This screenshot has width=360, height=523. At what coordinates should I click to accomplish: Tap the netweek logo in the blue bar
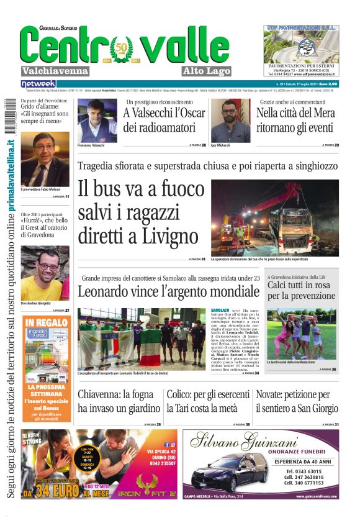(x=38, y=83)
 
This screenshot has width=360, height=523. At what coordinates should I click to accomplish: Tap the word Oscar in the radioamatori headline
(x=189, y=113)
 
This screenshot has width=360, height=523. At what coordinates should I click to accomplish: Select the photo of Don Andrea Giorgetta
(x=45, y=273)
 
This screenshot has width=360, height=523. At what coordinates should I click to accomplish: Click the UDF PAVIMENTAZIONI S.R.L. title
(x=301, y=28)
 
